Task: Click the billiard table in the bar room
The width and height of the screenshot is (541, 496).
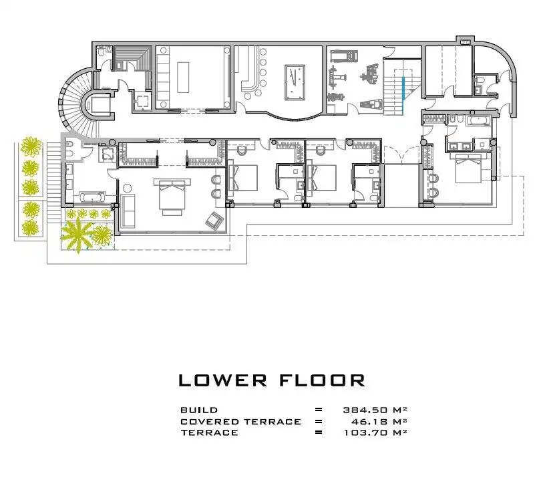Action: [x=295, y=82]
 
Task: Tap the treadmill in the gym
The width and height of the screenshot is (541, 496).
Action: [x=344, y=55]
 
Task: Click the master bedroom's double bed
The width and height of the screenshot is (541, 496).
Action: [x=172, y=196]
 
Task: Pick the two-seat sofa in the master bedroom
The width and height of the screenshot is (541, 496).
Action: [x=128, y=211]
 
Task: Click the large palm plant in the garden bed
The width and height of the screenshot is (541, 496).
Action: [x=78, y=235]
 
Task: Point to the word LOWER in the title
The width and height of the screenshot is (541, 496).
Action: [x=223, y=380]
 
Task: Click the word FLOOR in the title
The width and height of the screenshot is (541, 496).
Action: [x=322, y=380]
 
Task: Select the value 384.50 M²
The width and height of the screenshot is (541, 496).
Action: [x=375, y=410]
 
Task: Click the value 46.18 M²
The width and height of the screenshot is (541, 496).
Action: [x=379, y=421]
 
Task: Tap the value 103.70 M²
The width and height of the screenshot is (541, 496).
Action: [x=376, y=432]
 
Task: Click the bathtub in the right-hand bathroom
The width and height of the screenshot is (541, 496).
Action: [x=478, y=120]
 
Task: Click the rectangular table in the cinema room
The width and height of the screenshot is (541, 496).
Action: [x=183, y=77]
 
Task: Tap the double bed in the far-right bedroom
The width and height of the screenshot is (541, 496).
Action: [x=468, y=168]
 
